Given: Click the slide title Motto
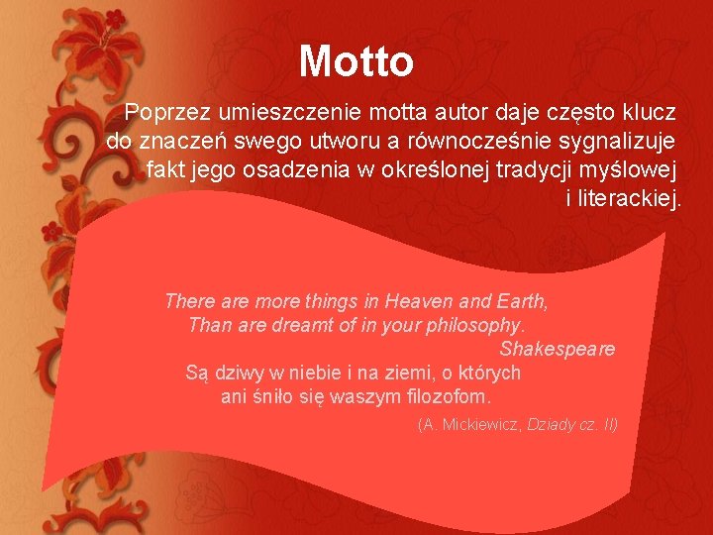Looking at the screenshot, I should [356, 60].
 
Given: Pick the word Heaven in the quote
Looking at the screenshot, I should [420, 300].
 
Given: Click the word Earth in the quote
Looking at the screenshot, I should [521, 300].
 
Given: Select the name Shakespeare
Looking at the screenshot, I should [558, 349].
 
